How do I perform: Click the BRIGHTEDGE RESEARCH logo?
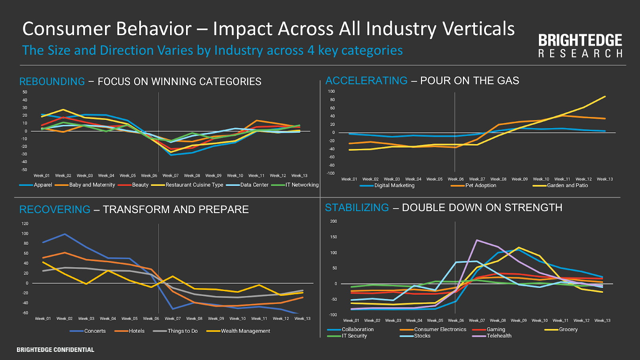[x=580, y=46]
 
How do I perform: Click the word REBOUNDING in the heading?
[x=52, y=82]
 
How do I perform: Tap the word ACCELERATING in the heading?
[x=366, y=81]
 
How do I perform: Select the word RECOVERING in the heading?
[x=55, y=210]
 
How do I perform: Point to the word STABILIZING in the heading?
[x=357, y=208]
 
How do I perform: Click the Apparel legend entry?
[x=43, y=185]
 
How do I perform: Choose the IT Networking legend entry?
[x=302, y=185]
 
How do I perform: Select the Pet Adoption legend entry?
[x=480, y=186]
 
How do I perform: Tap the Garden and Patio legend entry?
[x=567, y=186]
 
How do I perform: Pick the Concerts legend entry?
[x=95, y=331]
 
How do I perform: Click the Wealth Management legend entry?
[x=245, y=331]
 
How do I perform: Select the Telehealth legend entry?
[x=499, y=336]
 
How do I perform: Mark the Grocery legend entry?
[x=568, y=330]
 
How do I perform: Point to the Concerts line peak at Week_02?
[x=64, y=234]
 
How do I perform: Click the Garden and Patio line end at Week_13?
[x=605, y=96]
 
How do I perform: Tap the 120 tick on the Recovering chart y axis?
[x=25, y=224]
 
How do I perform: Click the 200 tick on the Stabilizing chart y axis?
[x=334, y=221]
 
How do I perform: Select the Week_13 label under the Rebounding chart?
[x=299, y=176]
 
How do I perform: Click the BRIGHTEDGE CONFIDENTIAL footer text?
[x=55, y=350]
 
